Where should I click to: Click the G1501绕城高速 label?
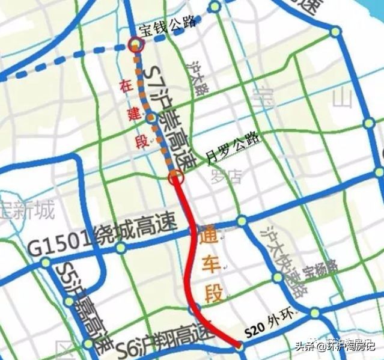tap(102, 239)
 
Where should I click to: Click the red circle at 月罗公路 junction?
tap(175, 177)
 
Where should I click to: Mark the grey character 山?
tap(344, 99)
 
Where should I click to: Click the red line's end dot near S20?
tap(239, 346)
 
